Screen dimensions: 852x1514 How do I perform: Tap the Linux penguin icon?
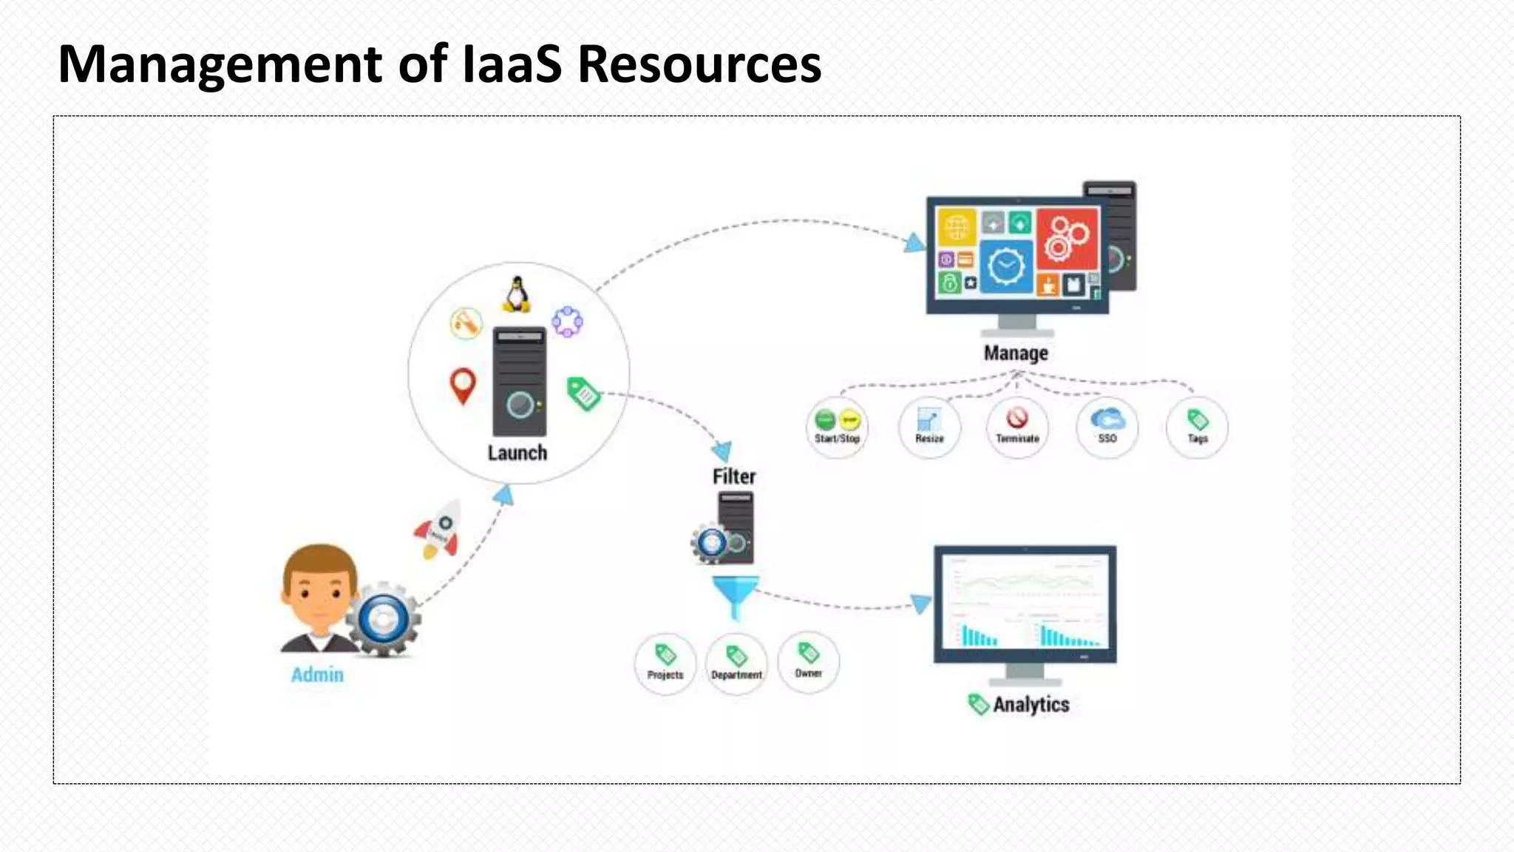pos(517,294)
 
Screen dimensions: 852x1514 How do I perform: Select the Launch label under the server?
pos(517,453)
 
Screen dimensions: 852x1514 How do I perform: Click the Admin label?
pos(317,674)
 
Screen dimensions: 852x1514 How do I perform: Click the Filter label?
pos(734,476)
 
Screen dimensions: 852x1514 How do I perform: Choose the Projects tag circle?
pos(665,663)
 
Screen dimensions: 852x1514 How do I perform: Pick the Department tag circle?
pos(736,663)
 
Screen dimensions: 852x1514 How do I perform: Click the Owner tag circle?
pos(809,662)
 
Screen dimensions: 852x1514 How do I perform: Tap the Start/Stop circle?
pos(837,427)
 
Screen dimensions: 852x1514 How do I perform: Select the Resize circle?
pos(929,427)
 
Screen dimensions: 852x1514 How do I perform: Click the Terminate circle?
pos(1017,427)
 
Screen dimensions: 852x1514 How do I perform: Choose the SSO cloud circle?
pos(1107,427)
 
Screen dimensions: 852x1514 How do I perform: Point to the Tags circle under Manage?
pos(1198,427)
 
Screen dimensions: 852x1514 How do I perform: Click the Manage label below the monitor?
pos(1016,354)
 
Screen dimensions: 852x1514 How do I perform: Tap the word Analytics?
pos(1031,705)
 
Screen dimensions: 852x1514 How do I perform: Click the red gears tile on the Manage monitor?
pos(1067,239)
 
